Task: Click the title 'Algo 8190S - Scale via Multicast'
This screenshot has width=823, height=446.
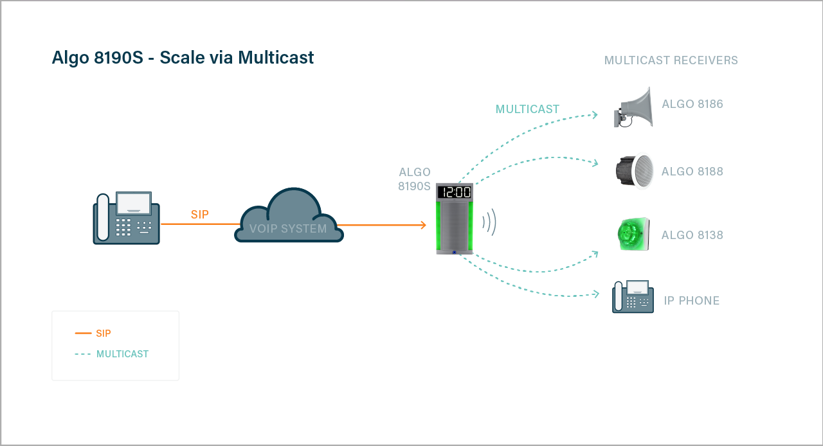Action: (x=183, y=58)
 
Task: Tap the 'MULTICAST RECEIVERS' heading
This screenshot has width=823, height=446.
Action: (x=671, y=60)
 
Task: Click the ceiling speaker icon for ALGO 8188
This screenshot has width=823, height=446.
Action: (x=634, y=171)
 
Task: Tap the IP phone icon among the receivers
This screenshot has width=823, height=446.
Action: (x=633, y=297)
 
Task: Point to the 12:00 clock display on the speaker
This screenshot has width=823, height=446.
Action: (x=454, y=192)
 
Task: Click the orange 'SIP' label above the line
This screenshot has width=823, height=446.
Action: (x=199, y=215)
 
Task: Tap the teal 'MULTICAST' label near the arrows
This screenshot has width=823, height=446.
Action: (x=527, y=109)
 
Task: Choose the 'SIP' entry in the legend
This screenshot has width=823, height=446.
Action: (x=103, y=334)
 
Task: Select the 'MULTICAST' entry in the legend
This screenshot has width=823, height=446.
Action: (x=122, y=354)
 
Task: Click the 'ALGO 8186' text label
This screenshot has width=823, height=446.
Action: (x=692, y=104)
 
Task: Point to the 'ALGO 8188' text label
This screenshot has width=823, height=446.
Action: (x=692, y=172)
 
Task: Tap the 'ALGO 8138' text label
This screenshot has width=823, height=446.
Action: (x=692, y=235)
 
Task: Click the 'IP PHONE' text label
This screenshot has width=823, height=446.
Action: (x=691, y=301)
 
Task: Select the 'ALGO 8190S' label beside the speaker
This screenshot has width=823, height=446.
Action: (x=415, y=179)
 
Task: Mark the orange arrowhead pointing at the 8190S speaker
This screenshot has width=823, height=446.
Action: (x=422, y=225)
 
